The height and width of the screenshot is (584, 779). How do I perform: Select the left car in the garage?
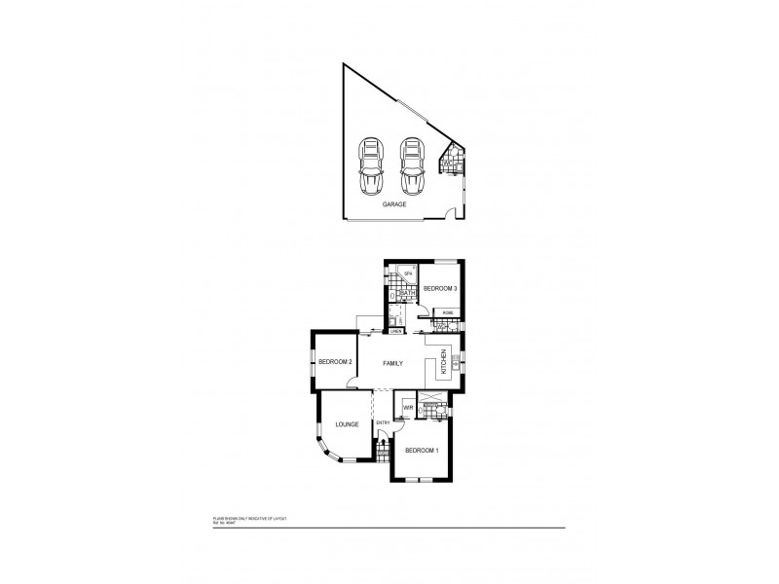[x=370, y=166]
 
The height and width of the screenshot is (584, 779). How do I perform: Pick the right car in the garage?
[x=413, y=166]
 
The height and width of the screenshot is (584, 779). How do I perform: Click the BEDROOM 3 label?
[x=439, y=289]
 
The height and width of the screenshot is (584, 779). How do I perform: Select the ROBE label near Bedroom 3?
[x=446, y=312]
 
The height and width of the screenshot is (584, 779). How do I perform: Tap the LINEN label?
[x=396, y=332]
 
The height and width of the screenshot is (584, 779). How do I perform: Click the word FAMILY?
[x=393, y=363]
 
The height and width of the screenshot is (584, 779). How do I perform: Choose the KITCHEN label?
[x=445, y=362]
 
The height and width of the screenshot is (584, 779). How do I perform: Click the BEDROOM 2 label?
[x=335, y=363]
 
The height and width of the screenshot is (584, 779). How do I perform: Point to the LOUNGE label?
[x=348, y=424]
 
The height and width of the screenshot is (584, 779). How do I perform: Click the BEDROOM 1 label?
[x=423, y=450]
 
